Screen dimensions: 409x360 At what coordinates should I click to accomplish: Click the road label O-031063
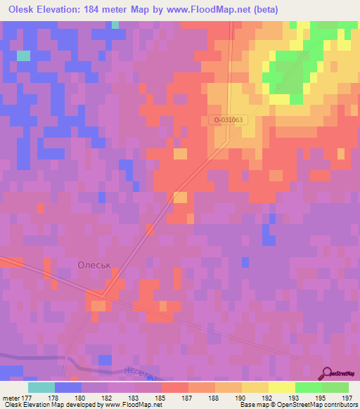click(228, 120)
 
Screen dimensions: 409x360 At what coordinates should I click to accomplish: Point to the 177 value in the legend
click(29, 398)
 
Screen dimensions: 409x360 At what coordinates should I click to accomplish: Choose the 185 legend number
click(162, 398)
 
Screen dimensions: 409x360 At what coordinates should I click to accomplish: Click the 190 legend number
click(242, 398)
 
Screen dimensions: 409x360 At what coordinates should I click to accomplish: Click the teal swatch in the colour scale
click(41, 387)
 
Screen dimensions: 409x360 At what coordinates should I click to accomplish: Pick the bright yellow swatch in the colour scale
click(282, 387)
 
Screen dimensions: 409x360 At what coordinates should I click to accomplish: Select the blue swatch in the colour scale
click(68, 387)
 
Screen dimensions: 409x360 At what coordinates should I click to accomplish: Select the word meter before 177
click(11, 398)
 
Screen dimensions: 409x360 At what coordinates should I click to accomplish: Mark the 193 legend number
click(295, 398)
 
